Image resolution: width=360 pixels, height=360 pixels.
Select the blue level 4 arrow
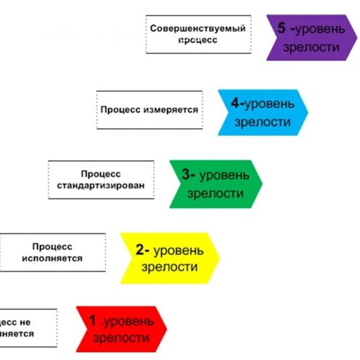(x=262, y=112)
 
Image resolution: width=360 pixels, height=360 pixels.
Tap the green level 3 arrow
(x=215, y=184)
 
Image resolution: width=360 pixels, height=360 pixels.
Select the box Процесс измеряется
(x=149, y=110)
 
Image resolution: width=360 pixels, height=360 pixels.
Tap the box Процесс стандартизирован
(x=101, y=179)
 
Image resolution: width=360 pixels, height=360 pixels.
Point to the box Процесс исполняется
(x=52, y=253)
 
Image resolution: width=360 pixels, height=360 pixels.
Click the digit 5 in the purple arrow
(x=281, y=28)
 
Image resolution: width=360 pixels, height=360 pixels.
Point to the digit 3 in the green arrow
(x=187, y=175)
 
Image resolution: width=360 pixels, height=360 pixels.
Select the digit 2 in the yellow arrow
(x=139, y=250)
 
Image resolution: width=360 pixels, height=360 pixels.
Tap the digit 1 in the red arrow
(x=92, y=321)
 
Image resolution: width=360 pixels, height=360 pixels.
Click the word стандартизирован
(x=101, y=185)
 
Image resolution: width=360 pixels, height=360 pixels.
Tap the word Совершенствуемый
(x=198, y=28)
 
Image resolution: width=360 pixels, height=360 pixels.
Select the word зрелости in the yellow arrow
(x=169, y=267)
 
